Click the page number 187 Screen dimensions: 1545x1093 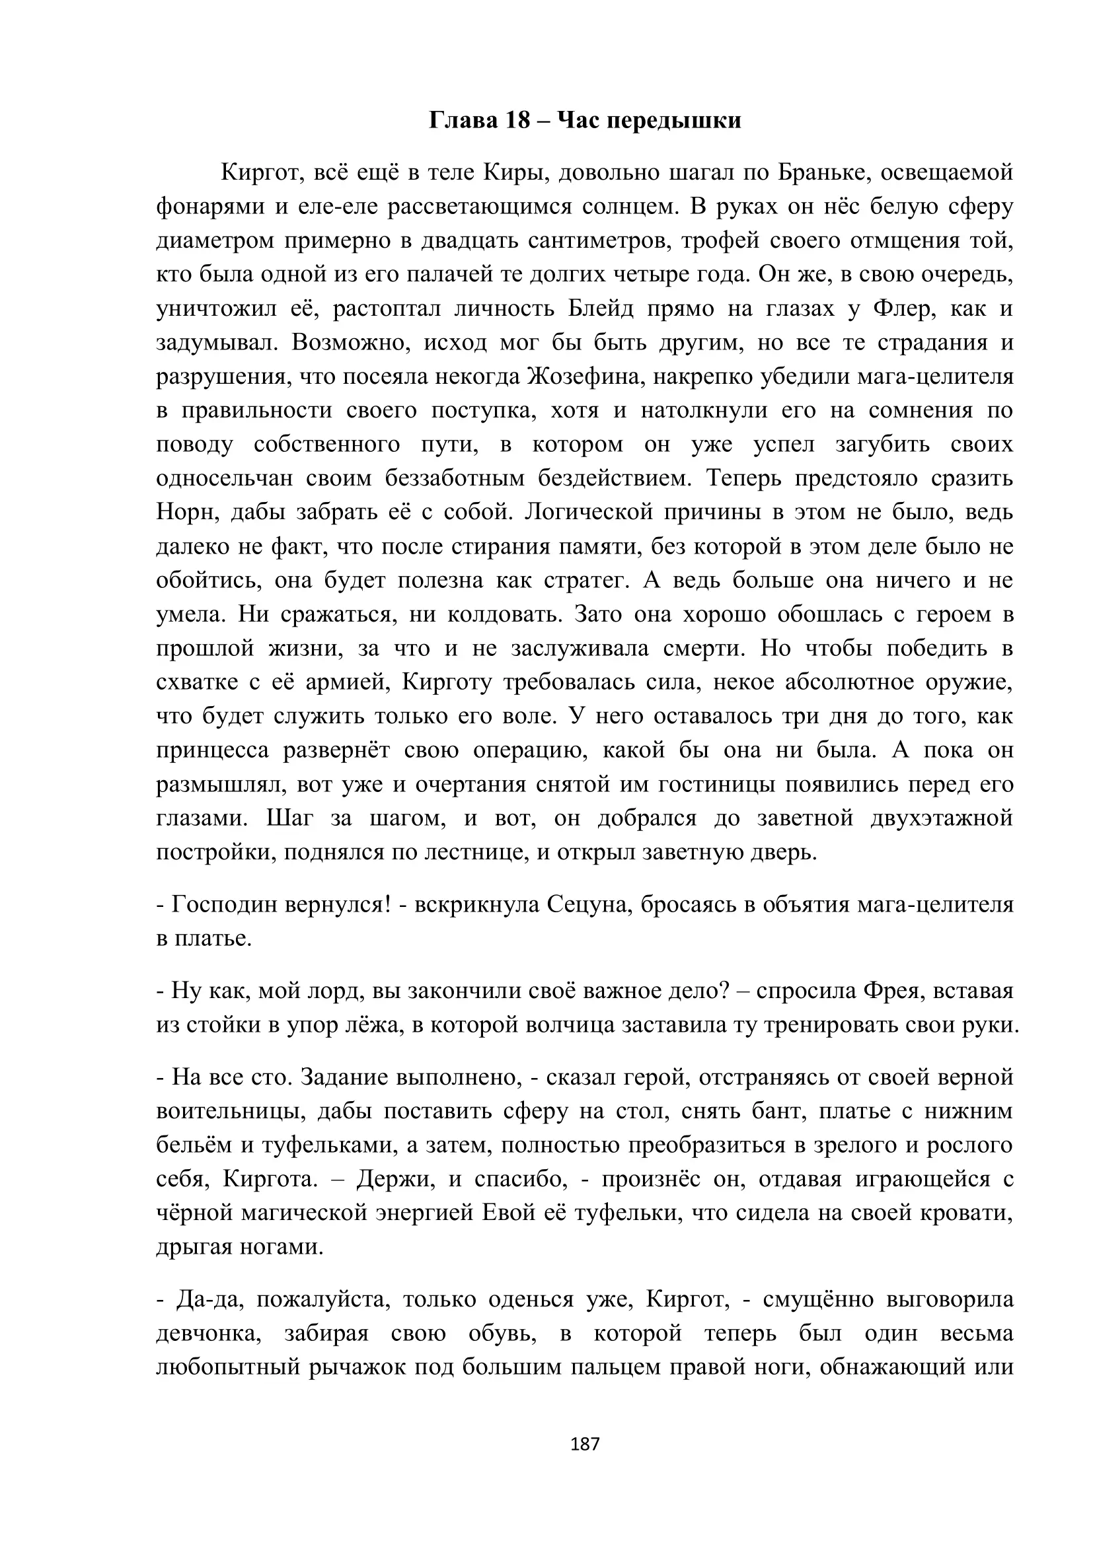tap(584, 1444)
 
